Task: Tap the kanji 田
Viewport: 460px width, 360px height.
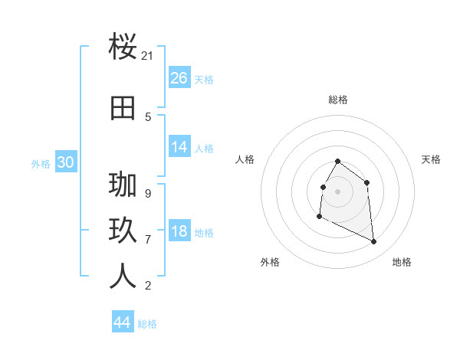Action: point(123,109)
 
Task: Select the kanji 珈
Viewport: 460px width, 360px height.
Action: point(123,185)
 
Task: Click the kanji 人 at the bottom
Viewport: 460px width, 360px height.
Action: point(123,276)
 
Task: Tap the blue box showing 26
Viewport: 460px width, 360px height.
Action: point(179,78)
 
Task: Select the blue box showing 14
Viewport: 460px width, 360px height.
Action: point(179,148)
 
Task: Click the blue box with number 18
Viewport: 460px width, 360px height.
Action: point(179,232)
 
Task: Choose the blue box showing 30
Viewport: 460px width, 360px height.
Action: point(66,162)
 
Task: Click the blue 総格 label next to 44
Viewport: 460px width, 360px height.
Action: point(147,324)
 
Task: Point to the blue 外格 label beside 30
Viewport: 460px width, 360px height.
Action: point(41,163)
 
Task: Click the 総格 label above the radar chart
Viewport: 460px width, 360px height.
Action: point(338,100)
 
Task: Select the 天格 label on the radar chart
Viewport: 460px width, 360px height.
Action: point(432,159)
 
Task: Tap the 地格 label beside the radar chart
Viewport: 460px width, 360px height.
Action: point(402,262)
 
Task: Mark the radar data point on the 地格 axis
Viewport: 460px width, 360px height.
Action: point(374,242)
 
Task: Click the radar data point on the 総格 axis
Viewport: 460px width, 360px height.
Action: point(338,162)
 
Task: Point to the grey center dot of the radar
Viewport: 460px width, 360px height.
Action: point(338,191)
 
